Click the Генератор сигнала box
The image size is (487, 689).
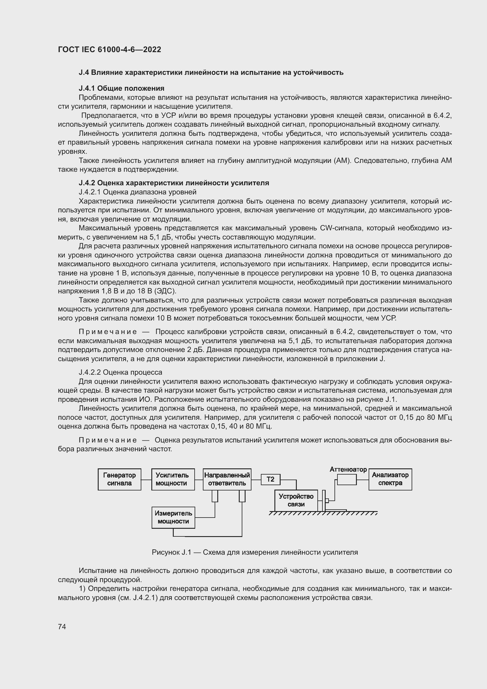click(119, 479)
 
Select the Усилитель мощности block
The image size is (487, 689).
click(173, 479)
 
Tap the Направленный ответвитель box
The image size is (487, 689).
click(227, 479)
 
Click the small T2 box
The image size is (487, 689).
click(270, 479)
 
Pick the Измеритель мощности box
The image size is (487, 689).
click(173, 517)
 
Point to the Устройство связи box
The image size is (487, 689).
click(296, 500)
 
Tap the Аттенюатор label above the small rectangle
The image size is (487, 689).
click(348, 469)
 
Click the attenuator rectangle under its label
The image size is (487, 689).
click(347, 480)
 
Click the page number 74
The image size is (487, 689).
click(62, 627)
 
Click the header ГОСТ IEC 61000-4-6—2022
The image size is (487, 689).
click(110, 49)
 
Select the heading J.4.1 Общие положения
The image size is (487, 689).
click(121, 88)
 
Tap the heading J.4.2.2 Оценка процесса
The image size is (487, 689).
click(120, 372)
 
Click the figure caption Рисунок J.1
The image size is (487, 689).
click(255, 552)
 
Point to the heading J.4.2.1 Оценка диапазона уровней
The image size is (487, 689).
click(137, 192)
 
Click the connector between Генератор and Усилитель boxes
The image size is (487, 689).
click(146, 480)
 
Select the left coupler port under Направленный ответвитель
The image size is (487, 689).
click(215, 496)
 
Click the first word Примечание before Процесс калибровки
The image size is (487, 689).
click(108, 332)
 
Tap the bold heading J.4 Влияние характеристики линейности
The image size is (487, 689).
click(211, 72)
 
